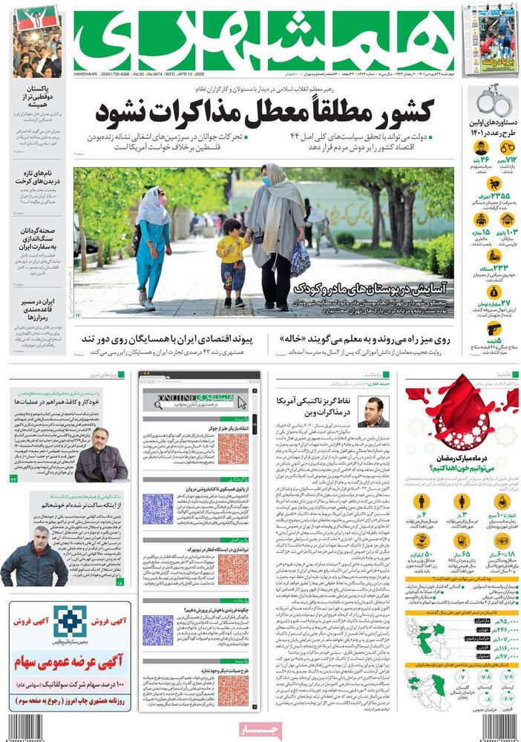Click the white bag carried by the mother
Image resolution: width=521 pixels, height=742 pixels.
tap(300, 260)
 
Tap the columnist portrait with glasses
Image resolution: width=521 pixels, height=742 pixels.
tap(373, 412)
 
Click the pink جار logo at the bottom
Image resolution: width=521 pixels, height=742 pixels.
tap(260, 730)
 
